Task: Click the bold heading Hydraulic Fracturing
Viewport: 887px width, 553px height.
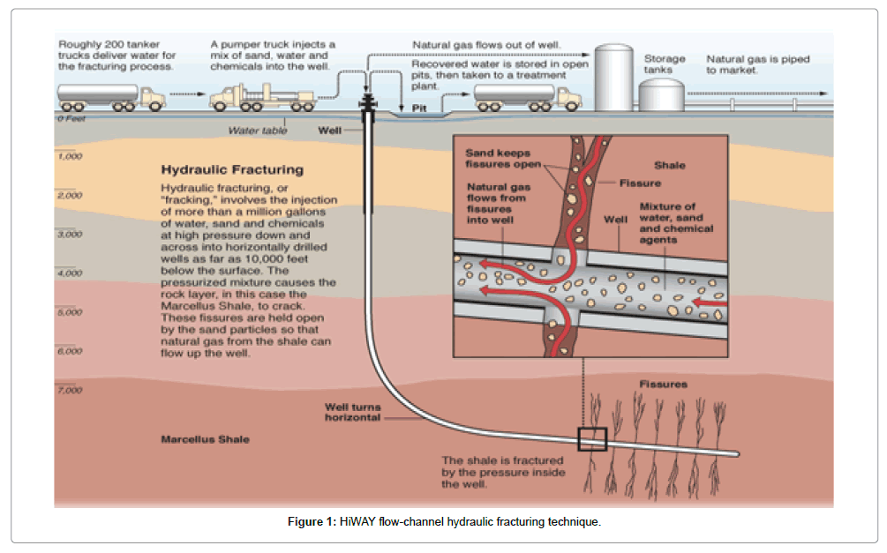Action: point(231,170)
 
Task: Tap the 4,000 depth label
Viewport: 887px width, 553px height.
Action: point(69,273)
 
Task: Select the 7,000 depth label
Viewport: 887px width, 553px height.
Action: point(69,390)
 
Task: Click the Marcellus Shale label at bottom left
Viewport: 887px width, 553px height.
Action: point(205,439)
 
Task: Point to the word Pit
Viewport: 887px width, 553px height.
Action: point(420,108)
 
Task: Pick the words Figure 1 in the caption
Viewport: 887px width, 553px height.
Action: point(312,522)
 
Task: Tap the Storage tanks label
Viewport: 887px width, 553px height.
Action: point(665,64)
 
